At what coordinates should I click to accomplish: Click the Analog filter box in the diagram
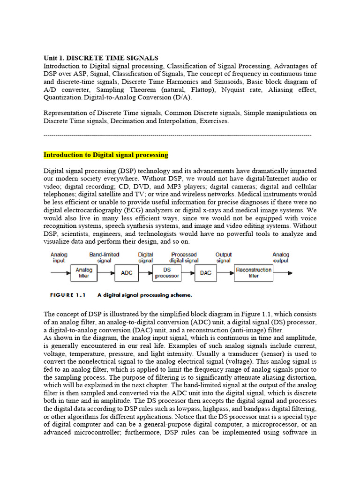point(84,273)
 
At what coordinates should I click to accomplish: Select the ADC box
point(127,273)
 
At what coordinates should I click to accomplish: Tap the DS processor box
point(166,273)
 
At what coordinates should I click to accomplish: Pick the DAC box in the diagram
point(206,273)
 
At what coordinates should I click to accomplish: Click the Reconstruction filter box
point(253,273)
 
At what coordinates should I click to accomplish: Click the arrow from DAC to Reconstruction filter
point(225,273)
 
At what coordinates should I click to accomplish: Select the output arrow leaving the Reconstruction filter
point(283,273)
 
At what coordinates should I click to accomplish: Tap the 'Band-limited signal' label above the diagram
point(104,257)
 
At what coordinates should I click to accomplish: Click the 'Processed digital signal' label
point(184,257)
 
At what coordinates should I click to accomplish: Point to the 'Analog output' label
point(281,257)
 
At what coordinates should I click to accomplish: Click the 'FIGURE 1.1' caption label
point(68,295)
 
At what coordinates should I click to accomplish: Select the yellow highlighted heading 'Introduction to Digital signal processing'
point(106,155)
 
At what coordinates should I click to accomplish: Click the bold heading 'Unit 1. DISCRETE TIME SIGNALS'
point(101,58)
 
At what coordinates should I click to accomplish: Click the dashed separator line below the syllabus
point(177,135)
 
